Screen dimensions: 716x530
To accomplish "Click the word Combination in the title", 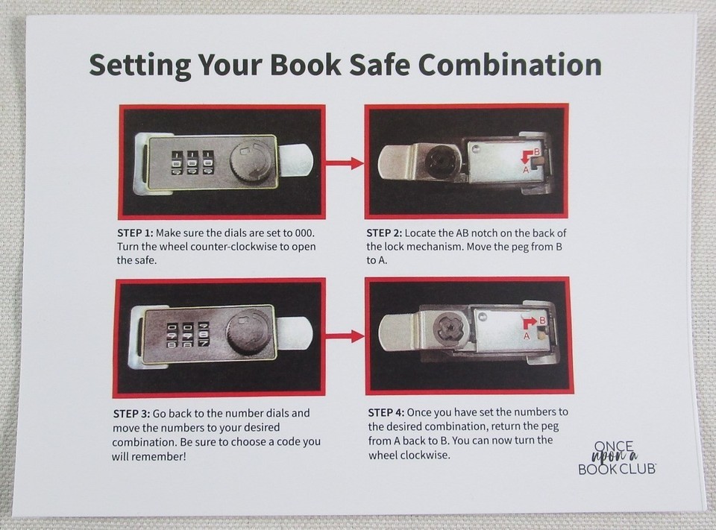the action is [509, 65].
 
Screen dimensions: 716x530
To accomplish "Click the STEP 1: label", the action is [135, 233].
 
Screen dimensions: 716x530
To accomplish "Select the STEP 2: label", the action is [384, 233].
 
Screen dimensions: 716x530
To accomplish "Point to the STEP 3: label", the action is [131, 414].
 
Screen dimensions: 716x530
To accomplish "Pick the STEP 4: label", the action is [386, 413].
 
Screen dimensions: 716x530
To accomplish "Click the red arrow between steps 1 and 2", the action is [345, 163].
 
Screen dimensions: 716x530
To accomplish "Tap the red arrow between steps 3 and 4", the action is [345, 337].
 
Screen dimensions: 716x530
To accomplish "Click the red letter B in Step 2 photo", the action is [537, 151].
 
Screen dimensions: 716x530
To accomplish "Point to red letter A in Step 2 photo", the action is [526, 170].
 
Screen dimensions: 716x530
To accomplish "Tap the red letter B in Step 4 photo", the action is [542, 321].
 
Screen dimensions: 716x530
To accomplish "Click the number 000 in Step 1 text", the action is [304, 233].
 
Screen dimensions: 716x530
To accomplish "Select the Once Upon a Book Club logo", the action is [617, 458].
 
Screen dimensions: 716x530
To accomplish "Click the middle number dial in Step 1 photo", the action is [192, 163].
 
